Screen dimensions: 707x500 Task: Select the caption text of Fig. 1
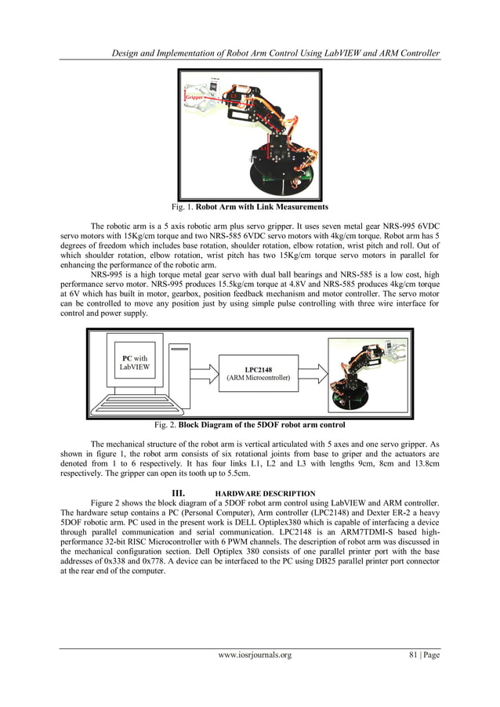250,207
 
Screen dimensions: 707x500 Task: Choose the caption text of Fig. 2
250,425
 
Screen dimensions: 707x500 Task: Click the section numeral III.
176,493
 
